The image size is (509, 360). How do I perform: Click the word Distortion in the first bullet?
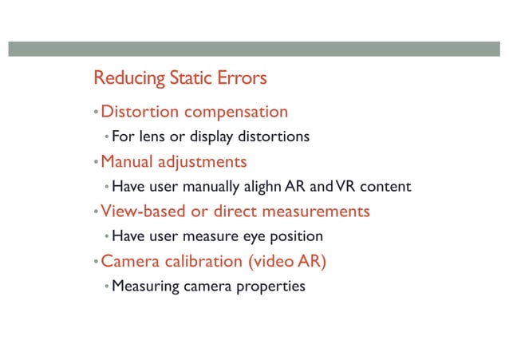139,111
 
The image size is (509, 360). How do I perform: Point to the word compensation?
235,112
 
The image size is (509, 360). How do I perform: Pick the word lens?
152,136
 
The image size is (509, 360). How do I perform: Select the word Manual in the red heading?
126,161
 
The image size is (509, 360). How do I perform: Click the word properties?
271,287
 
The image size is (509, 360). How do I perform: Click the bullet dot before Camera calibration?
96,262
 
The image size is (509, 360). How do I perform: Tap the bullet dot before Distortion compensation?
96,112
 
